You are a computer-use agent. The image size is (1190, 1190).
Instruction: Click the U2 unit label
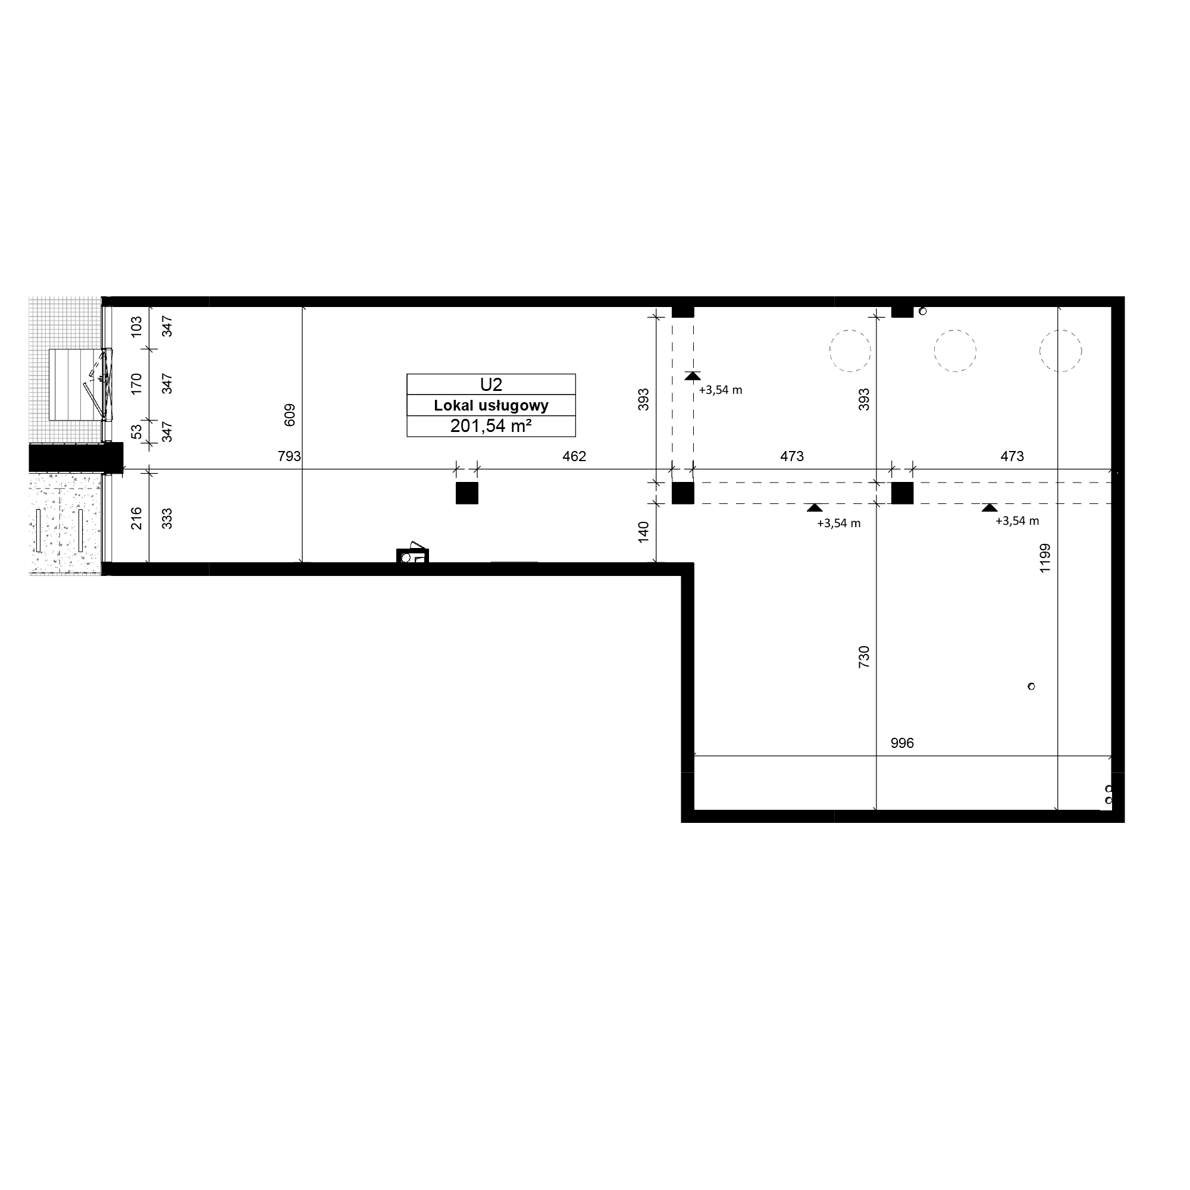click(x=491, y=385)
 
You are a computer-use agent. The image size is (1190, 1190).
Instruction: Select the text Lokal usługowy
click(x=491, y=405)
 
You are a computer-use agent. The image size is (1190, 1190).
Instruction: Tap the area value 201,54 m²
click(x=491, y=425)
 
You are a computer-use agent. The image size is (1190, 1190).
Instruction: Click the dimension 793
click(x=290, y=456)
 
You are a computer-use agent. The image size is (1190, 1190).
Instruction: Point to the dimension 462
click(x=574, y=456)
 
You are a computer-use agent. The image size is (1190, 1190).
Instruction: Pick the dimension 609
click(x=290, y=415)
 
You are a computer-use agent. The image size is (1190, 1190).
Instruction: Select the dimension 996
click(x=902, y=743)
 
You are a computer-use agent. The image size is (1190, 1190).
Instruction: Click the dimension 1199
click(x=1045, y=559)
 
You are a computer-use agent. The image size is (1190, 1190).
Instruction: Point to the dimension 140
click(x=643, y=532)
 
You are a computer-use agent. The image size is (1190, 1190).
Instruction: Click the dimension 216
click(x=136, y=519)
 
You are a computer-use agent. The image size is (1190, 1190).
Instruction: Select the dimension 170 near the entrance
click(x=136, y=384)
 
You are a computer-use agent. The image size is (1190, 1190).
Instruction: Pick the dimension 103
click(x=136, y=326)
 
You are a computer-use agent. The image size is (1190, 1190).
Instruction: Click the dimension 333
click(x=167, y=519)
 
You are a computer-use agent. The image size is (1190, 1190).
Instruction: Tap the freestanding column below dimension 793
click(x=467, y=493)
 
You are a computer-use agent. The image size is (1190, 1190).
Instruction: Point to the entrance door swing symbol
click(x=99, y=384)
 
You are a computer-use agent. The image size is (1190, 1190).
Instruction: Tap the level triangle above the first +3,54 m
click(x=693, y=375)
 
